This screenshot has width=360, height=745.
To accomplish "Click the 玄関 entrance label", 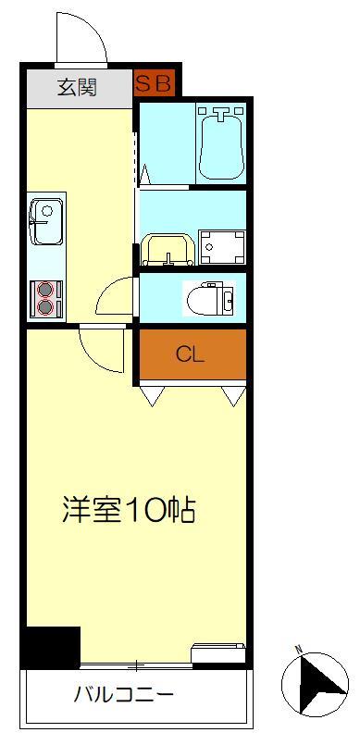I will (78, 89).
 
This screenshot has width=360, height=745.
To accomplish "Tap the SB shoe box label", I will (154, 83).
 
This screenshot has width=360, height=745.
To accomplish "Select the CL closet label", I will (191, 354).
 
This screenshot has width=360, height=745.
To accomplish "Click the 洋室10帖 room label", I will (129, 509).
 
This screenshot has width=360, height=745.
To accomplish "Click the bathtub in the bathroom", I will (220, 143).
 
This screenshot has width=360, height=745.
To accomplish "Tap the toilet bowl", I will (209, 298).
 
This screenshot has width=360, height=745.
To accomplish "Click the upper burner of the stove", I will (43, 288).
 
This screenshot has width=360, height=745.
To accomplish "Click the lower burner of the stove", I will (43, 305).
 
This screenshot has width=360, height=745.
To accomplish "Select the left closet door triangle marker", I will (152, 396).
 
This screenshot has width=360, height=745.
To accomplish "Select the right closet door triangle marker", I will (232, 396).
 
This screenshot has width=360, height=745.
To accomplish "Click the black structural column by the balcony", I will (51, 647).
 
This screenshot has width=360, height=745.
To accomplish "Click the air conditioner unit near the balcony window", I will (218, 654).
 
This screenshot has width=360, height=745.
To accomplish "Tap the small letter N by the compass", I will (298, 648).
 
